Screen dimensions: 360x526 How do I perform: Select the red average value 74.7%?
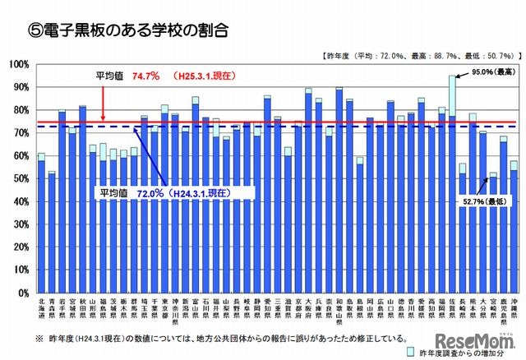(145, 75)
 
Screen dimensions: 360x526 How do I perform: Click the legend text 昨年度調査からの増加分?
(461, 351)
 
